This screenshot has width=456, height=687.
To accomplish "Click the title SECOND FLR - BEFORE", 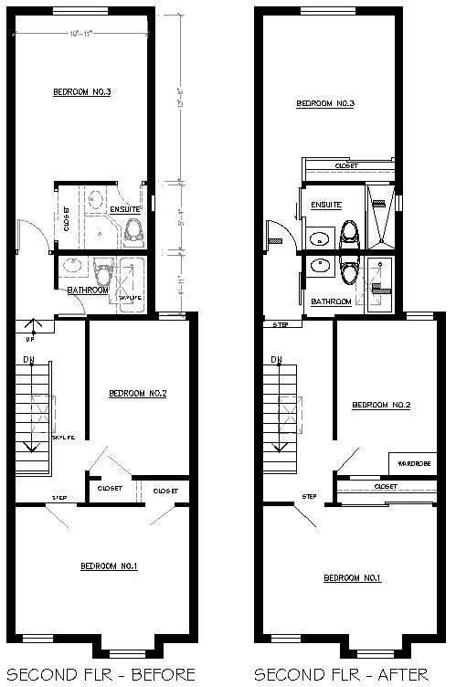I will (100, 674).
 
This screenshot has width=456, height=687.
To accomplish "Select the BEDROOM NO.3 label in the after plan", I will (325, 104).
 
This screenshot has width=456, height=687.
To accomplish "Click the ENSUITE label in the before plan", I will (124, 209).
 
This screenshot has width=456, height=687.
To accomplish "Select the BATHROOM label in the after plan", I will (331, 301).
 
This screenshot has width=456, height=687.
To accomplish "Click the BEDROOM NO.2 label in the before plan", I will (137, 394).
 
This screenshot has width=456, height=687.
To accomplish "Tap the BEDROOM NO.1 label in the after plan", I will (352, 578).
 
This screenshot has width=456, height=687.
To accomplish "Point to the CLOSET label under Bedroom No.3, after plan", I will (346, 166).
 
